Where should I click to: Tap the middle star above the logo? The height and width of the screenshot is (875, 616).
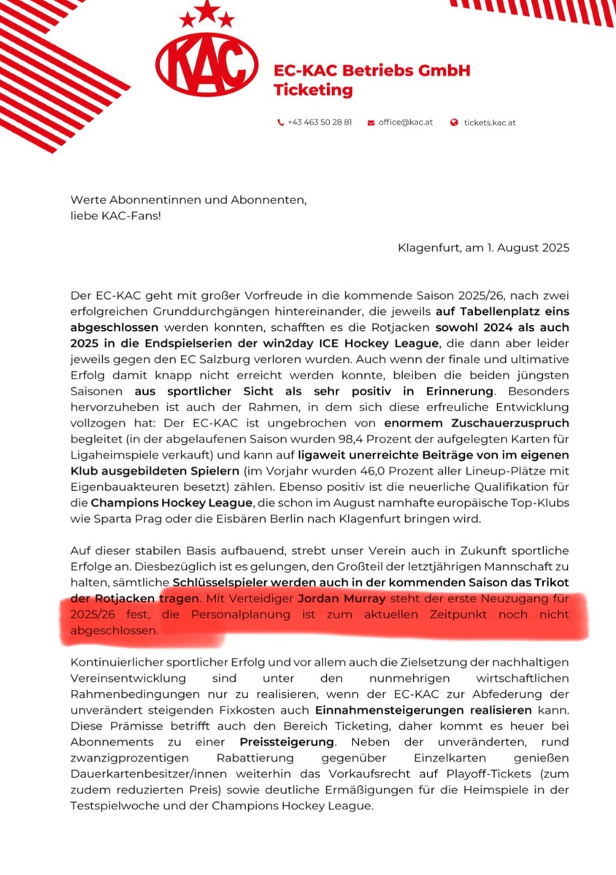207,10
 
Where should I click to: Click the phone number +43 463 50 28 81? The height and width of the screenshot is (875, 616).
320,122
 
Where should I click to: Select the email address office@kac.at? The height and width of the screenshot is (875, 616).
405,122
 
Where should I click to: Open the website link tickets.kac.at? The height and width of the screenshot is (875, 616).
490,122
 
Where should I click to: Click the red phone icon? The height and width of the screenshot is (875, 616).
281,122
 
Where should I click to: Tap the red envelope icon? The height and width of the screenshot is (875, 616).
371,122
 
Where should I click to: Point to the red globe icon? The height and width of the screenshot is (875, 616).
455,122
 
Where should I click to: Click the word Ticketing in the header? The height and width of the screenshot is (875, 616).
312,90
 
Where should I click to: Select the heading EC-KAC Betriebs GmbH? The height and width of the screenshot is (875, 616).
371,71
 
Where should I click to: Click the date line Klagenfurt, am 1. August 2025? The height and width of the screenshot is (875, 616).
483,248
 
